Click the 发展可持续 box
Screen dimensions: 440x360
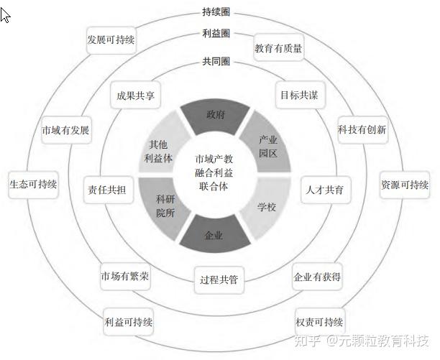click(x=111, y=40)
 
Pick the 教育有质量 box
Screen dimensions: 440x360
click(x=278, y=49)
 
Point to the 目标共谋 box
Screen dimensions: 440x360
click(x=297, y=95)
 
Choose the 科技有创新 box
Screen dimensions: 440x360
click(x=362, y=130)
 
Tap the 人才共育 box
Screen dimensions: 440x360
click(x=323, y=190)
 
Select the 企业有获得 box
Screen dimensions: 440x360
click(x=316, y=276)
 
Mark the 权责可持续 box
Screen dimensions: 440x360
click(x=319, y=320)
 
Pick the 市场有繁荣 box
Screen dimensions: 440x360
click(x=124, y=276)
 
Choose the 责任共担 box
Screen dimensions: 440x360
click(x=106, y=190)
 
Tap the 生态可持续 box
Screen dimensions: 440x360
click(x=33, y=184)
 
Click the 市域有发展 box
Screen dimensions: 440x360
click(x=65, y=130)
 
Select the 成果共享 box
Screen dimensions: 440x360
click(x=136, y=95)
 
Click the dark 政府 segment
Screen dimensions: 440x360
click(x=215, y=114)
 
